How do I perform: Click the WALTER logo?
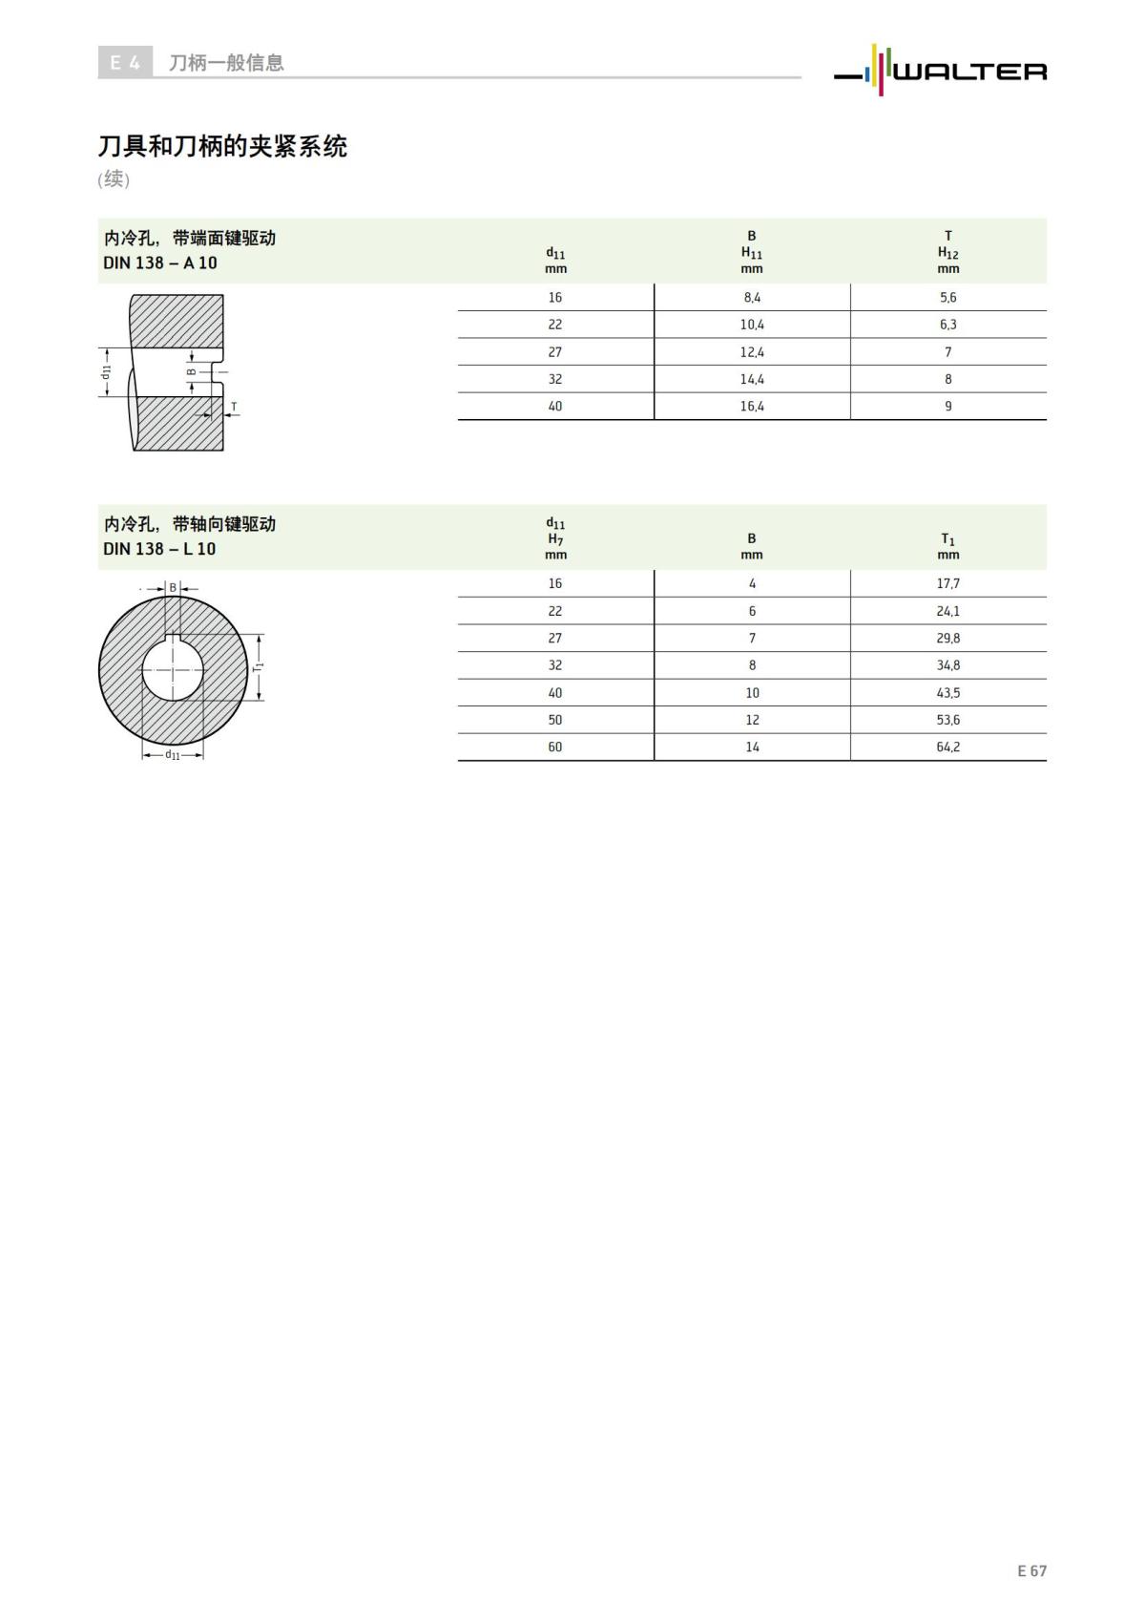(940, 70)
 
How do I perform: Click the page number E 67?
(1031, 1570)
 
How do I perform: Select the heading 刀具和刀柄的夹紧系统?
(222, 146)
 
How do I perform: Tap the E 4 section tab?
(125, 63)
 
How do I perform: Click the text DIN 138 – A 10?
(160, 263)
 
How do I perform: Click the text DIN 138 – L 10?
(159, 549)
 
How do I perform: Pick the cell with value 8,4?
(752, 298)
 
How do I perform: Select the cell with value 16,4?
(752, 407)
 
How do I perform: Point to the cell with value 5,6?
(947, 298)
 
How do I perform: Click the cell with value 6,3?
(947, 325)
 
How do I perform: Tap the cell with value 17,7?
(947, 583)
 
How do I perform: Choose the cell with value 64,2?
(947, 747)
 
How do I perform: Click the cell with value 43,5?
(947, 693)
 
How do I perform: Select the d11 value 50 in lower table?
(555, 720)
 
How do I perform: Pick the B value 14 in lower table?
(752, 747)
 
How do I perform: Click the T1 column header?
(947, 546)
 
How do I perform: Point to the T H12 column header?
(947, 251)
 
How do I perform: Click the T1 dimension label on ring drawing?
(258, 666)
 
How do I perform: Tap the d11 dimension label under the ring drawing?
(173, 755)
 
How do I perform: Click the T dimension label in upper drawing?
(234, 407)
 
